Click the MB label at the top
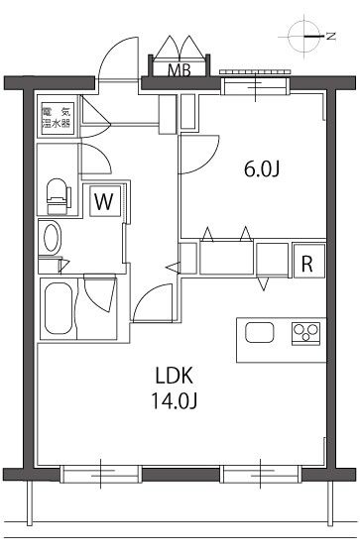[x=180, y=68]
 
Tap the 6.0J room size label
[x=263, y=169]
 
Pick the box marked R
[x=308, y=264]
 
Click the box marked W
[x=102, y=201]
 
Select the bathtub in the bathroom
[x=58, y=310]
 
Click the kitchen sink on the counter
[x=259, y=332]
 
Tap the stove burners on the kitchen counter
[x=305, y=332]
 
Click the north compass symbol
[x=304, y=36]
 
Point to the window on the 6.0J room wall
[x=255, y=85]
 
